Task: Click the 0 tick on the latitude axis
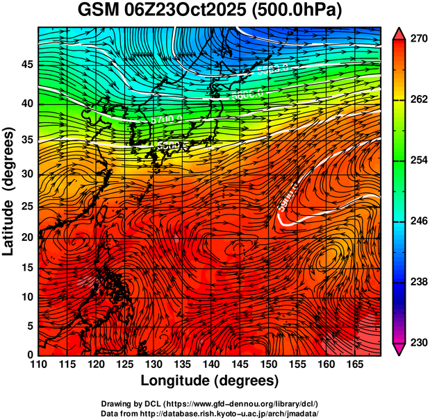coord(31,355)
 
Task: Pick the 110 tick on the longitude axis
coord(38,364)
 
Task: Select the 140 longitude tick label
coord(210,364)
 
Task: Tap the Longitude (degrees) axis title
coord(210,380)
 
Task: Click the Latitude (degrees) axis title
coord(10,191)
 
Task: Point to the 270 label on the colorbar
coord(415,40)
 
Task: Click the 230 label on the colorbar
coord(415,342)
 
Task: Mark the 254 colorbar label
coord(415,160)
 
